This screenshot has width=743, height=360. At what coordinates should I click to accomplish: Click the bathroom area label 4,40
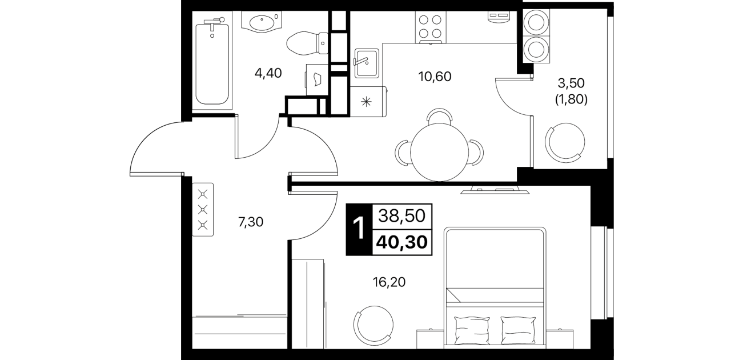point(268,73)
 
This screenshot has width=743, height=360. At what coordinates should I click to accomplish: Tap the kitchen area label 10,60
point(435,77)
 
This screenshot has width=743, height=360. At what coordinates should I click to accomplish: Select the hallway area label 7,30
point(251,222)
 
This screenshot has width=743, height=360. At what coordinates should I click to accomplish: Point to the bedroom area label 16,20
point(389,282)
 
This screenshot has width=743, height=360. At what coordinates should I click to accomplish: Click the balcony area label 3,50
point(571,83)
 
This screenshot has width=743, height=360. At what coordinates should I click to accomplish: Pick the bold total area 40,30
point(402,242)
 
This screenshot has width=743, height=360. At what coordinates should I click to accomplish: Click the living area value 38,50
point(402,217)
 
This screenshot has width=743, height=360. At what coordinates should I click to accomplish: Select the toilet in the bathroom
point(307,43)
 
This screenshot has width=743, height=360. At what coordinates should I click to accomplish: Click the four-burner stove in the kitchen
point(431,27)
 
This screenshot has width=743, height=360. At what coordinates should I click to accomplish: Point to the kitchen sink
point(367,63)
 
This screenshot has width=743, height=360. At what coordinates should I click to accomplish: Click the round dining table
point(439,152)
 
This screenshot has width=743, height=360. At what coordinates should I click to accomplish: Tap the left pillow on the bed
point(472,330)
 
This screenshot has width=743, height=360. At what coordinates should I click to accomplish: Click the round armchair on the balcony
point(565,142)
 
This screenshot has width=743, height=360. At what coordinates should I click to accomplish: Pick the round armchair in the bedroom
point(373,326)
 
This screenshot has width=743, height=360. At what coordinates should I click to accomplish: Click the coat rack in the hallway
point(203,210)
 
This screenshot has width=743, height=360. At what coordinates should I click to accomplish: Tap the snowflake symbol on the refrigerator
point(366,102)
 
